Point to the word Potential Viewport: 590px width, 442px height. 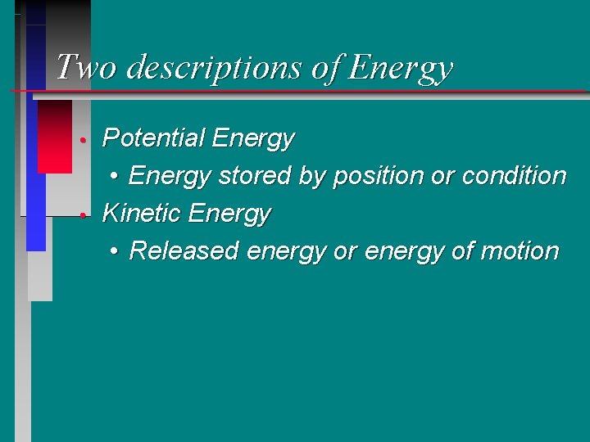pos(153,138)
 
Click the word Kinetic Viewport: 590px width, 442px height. pos(141,214)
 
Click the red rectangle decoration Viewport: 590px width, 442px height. pos(55,137)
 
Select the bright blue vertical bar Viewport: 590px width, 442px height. pos(36,213)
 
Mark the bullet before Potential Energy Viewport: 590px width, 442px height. pos(84,140)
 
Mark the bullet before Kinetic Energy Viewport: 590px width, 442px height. pos(84,215)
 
